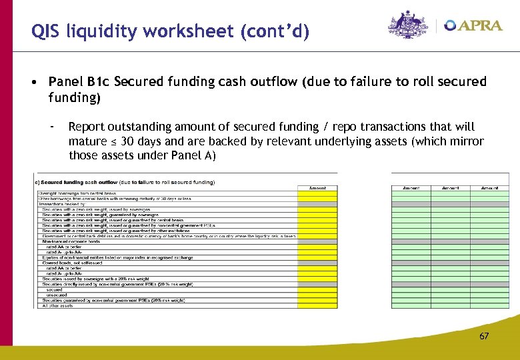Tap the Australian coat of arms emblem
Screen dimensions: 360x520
pyautogui.click(x=408, y=25)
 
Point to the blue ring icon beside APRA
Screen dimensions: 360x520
pyautogui.click(x=451, y=25)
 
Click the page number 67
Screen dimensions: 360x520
pyautogui.click(x=484, y=336)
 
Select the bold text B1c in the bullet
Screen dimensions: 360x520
pyautogui.click(x=98, y=82)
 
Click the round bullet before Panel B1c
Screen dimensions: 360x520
pyautogui.click(x=33, y=82)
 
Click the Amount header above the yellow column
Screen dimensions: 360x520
pyautogui.click(x=318, y=188)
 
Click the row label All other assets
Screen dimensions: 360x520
pyautogui.click(x=57, y=305)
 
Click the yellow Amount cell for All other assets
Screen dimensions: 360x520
pyautogui.click(x=318, y=305)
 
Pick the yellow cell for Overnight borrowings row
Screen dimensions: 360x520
pyautogui.click(x=318, y=193)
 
